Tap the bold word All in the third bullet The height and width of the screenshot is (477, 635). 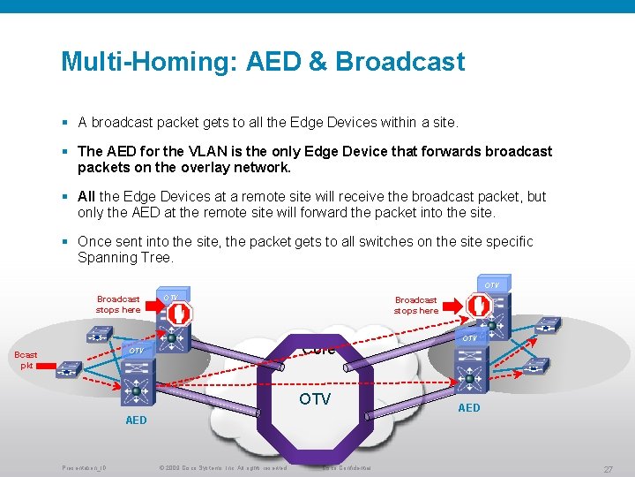(86, 197)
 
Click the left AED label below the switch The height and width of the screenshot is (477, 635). (136, 420)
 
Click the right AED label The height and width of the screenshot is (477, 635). (468, 407)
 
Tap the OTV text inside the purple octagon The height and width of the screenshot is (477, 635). (315, 399)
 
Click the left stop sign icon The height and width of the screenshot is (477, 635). (180, 313)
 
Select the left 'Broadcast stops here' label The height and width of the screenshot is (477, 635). (118, 305)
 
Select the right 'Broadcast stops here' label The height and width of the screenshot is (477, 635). (415, 305)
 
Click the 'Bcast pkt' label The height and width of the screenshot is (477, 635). (26, 360)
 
